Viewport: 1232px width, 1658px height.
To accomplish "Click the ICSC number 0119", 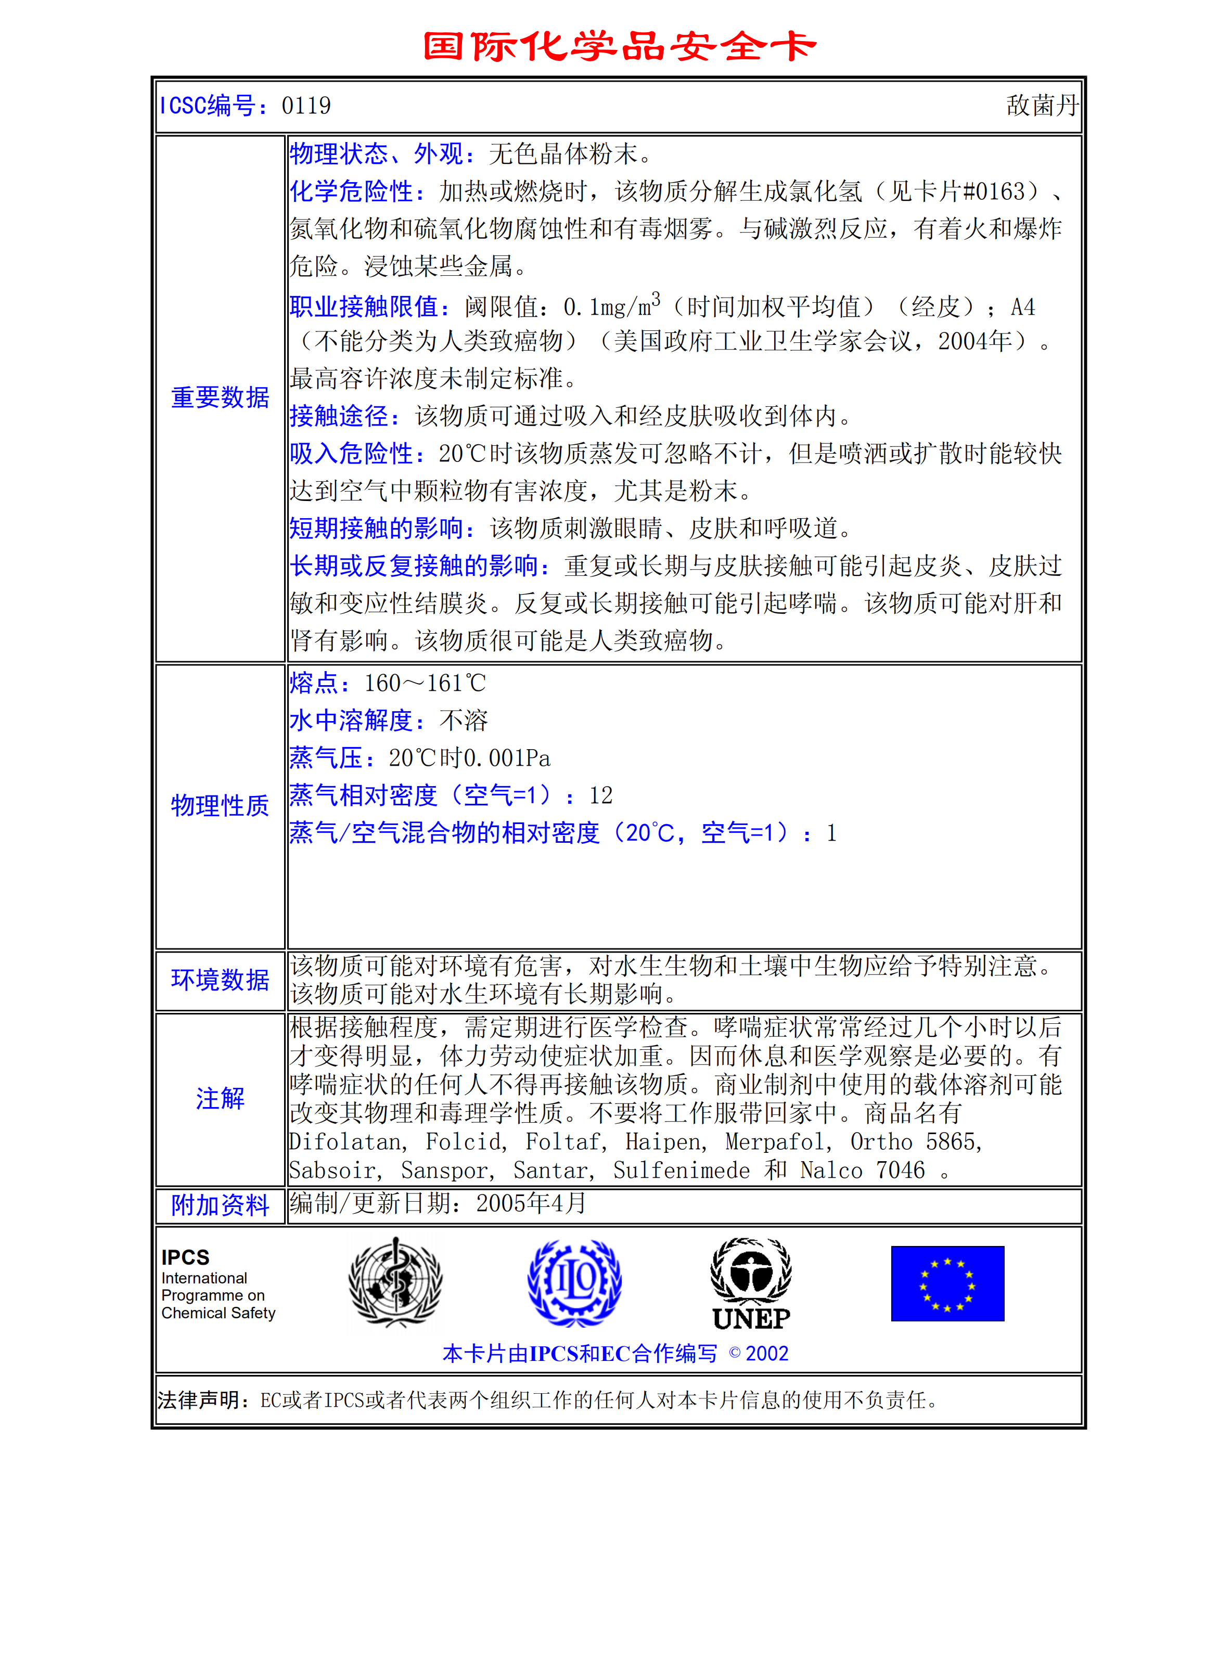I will tap(306, 106).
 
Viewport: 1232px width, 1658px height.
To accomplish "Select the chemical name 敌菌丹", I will tap(1041, 106).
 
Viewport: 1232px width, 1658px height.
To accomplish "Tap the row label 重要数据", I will tap(220, 397).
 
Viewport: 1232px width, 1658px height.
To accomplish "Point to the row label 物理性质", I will tap(220, 805).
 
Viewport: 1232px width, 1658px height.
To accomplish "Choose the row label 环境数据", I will tap(220, 980).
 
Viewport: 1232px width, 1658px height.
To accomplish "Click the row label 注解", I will tap(220, 1098).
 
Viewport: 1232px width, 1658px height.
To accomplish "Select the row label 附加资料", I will tap(220, 1205).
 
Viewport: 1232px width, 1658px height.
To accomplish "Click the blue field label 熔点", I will tap(314, 683).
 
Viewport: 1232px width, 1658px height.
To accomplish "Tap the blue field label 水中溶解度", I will tap(351, 720).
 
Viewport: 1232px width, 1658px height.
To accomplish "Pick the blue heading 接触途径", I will tap(339, 416).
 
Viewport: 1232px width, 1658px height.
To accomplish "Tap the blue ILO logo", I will tap(574, 1282).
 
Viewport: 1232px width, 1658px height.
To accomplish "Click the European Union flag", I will tap(947, 1283).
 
